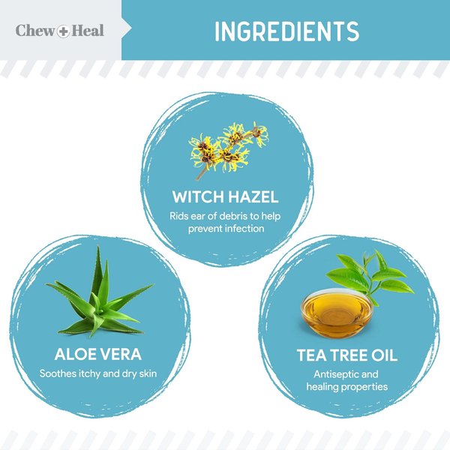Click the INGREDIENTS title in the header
click(286, 31)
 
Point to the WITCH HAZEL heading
click(225, 197)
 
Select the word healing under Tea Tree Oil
click(323, 386)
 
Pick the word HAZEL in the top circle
click(252, 197)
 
